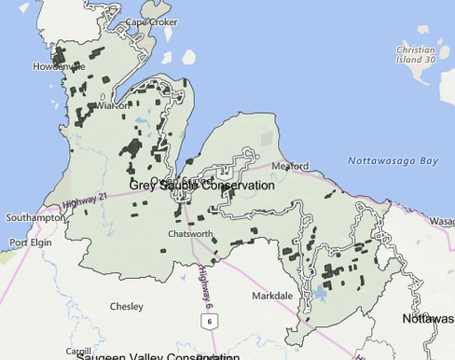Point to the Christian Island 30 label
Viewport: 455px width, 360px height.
415,54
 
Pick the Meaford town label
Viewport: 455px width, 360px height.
290,166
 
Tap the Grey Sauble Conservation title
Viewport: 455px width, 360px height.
202,185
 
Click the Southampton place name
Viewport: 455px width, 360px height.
33,217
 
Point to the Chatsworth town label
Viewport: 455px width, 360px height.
190,233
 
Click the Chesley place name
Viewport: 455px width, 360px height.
126,306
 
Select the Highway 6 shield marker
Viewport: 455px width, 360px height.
210,321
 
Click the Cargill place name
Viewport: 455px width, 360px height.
79,352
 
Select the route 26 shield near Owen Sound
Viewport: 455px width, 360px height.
224,172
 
